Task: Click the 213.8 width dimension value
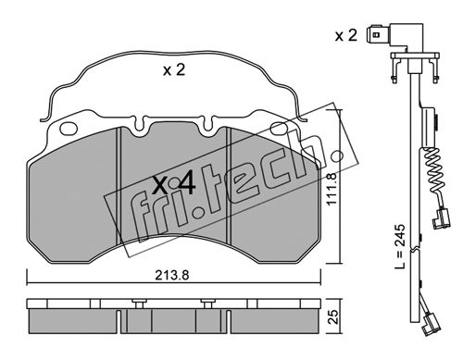coord(172,275)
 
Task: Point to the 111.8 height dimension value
coord(331,189)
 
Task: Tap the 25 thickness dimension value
coord(332,317)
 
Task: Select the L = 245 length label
coord(400,246)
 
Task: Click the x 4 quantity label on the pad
coord(174,185)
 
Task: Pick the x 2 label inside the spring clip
coord(174,70)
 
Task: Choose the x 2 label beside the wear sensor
coord(346,36)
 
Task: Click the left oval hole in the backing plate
coord(69,129)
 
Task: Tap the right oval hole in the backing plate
coord(279,129)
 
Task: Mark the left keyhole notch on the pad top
coord(140,125)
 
